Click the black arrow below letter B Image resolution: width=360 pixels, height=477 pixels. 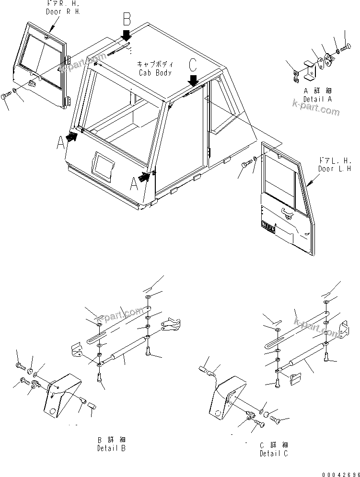[x=126, y=35]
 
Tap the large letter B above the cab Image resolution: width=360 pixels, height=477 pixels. [x=126, y=19]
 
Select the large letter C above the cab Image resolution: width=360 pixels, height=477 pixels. [x=193, y=63]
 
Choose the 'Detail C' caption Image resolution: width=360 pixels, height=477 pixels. [x=274, y=449]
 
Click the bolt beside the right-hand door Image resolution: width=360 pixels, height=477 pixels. [x=6, y=97]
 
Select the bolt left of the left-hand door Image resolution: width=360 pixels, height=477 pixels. [x=246, y=165]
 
